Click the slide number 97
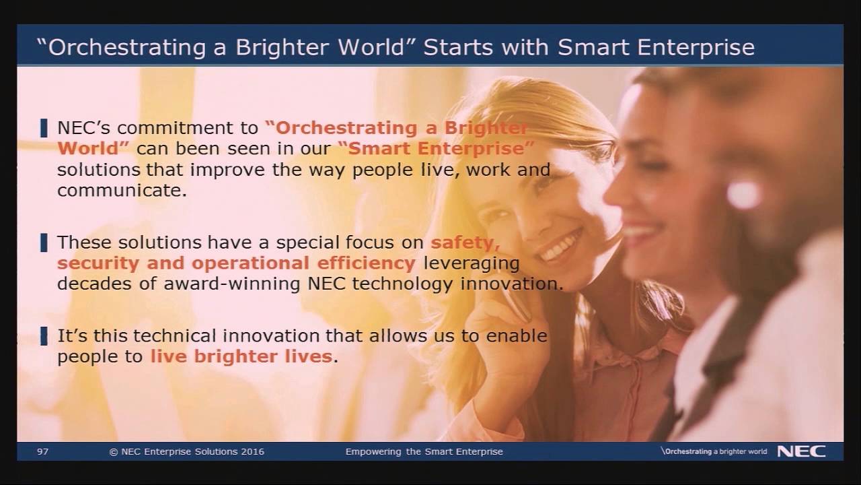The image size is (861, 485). [x=43, y=451]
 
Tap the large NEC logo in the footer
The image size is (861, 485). [x=801, y=451]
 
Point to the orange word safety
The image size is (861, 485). [x=465, y=242]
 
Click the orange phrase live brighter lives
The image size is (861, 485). [x=241, y=356]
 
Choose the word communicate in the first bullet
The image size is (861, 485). [x=122, y=191]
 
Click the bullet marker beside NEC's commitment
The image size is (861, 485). [x=44, y=127]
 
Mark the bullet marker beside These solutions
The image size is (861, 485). [x=44, y=242]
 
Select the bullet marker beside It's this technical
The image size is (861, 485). [x=44, y=335]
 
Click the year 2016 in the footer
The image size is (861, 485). [x=251, y=451]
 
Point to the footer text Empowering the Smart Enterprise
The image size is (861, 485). [x=424, y=451]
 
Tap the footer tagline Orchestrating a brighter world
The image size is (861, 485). [x=714, y=451]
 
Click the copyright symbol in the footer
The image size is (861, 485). [x=114, y=451]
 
